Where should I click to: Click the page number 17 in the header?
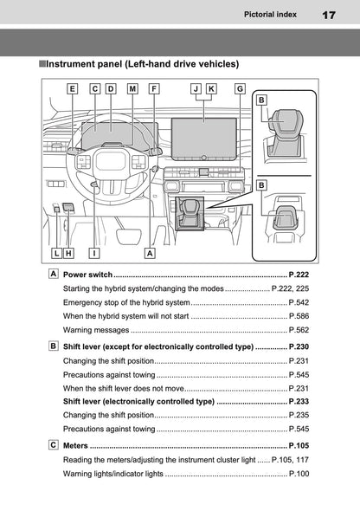click(x=328, y=16)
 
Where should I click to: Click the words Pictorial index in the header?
click(x=272, y=15)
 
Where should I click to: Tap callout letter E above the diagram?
click(x=72, y=88)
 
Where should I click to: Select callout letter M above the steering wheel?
click(x=132, y=88)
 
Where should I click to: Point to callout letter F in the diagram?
click(x=154, y=88)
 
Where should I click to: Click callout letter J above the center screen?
click(x=196, y=88)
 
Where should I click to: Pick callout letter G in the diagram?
click(x=240, y=88)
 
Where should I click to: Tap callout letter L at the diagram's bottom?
click(x=56, y=254)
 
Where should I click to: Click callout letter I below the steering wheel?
click(x=93, y=254)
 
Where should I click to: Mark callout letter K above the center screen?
click(x=212, y=88)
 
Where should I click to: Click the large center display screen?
click(x=205, y=134)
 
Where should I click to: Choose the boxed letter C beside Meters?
click(x=55, y=445)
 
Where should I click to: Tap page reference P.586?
click(x=299, y=315)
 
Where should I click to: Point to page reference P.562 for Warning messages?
click(x=299, y=330)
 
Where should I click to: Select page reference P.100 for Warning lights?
click(x=299, y=474)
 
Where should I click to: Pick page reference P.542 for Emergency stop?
click(x=299, y=301)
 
